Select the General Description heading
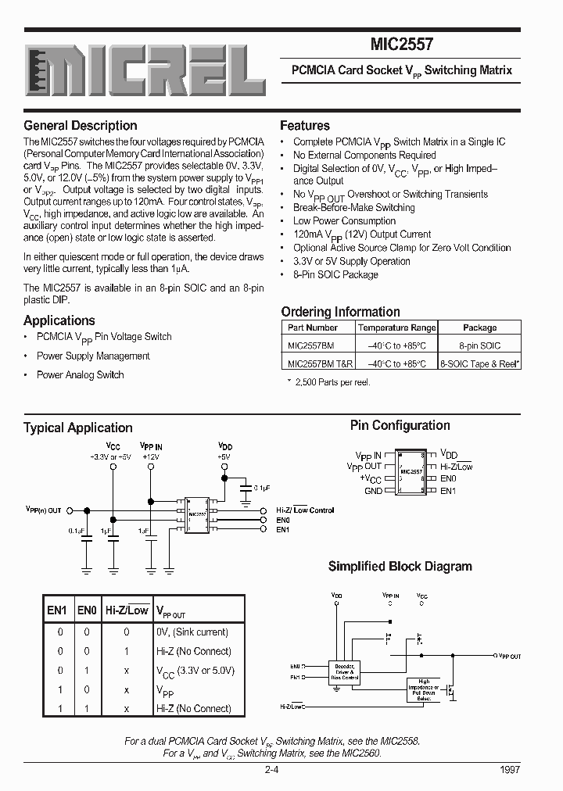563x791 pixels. pyautogui.click(x=81, y=126)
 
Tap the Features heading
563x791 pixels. pyautogui.click(x=305, y=126)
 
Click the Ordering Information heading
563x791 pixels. pyautogui.click(x=340, y=312)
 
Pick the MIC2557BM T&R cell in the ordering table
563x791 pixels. pyautogui.click(x=321, y=363)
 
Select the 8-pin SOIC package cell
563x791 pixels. pyautogui.click(x=479, y=345)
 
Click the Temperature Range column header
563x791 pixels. pyautogui.click(x=396, y=328)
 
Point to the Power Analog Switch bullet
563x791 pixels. pyautogui.click(x=80, y=375)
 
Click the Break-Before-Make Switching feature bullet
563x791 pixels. pyautogui.click(x=353, y=208)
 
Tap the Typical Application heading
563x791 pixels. pyautogui.click(x=78, y=428)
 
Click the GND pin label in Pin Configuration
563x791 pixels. pyautogui.click(x=373, y=491)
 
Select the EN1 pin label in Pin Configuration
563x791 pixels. pyautogui.click(x=447, y=491)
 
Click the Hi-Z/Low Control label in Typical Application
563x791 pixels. pyautogui.click(x=305, y=510)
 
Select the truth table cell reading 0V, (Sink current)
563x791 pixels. pyautogui.click(x=192, y=632)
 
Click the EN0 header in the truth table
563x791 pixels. pyautogui.click(x=87, y=610)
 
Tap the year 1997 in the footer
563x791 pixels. pyautogui.click(x=508, y=769)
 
